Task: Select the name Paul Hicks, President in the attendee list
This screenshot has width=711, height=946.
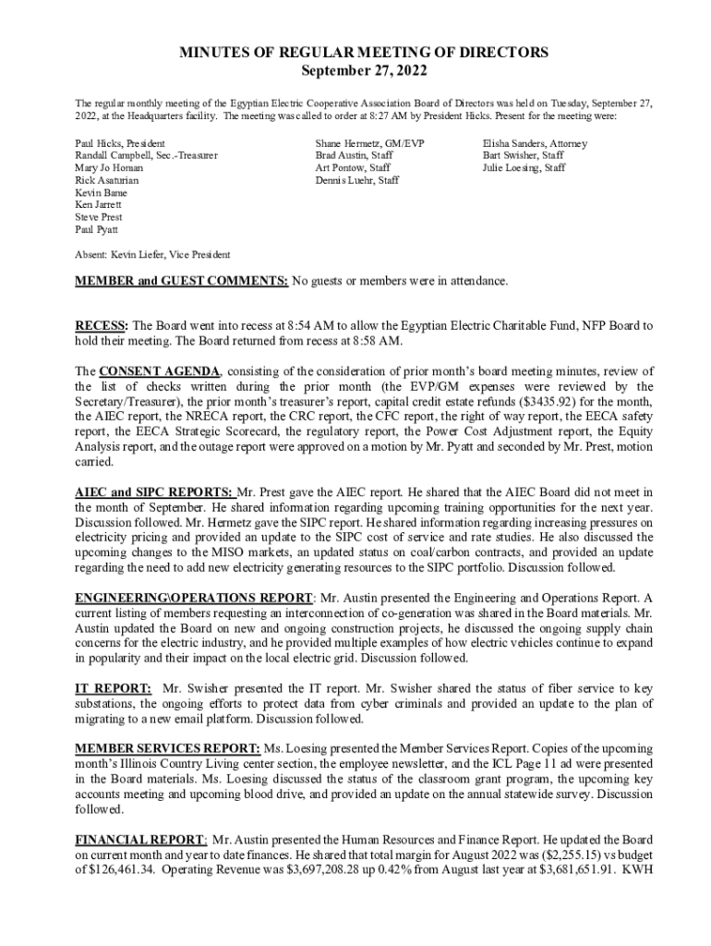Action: click(120, 144)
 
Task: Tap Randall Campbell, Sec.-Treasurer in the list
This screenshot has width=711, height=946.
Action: click(146, 156)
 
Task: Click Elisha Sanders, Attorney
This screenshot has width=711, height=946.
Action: click(535, 144)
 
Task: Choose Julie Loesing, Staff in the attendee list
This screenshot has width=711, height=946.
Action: click(524, 168)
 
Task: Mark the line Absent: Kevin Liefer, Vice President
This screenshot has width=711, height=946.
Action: click(152, 254)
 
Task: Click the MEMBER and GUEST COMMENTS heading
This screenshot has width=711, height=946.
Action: click(181, 280)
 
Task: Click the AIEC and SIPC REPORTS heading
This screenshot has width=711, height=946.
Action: click(154, 492)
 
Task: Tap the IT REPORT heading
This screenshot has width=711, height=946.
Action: click(113, 688)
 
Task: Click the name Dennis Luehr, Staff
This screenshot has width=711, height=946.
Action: click(357, 180)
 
